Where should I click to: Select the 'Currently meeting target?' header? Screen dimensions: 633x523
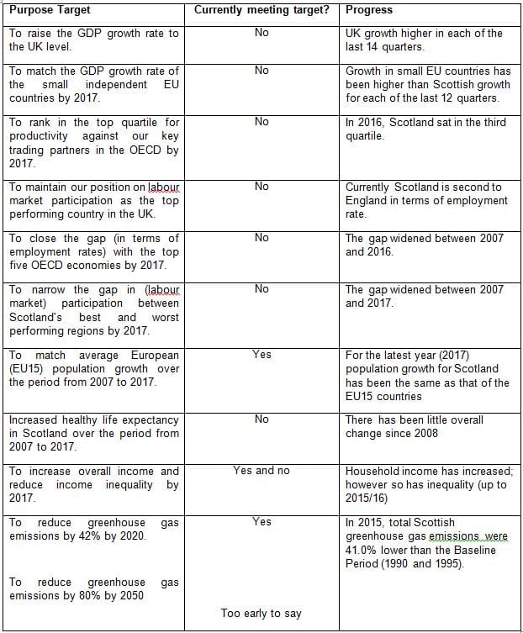coord(261,10)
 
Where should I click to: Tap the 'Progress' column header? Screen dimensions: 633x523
coord(368,10)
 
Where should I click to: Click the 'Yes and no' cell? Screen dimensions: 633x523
coord(261,470)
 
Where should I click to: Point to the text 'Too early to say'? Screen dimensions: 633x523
coord(261,614)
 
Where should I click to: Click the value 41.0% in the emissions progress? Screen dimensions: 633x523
coord(362,550)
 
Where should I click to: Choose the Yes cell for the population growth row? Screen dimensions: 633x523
coord(261,355)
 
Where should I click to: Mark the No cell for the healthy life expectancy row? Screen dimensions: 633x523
coord(261,419)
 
